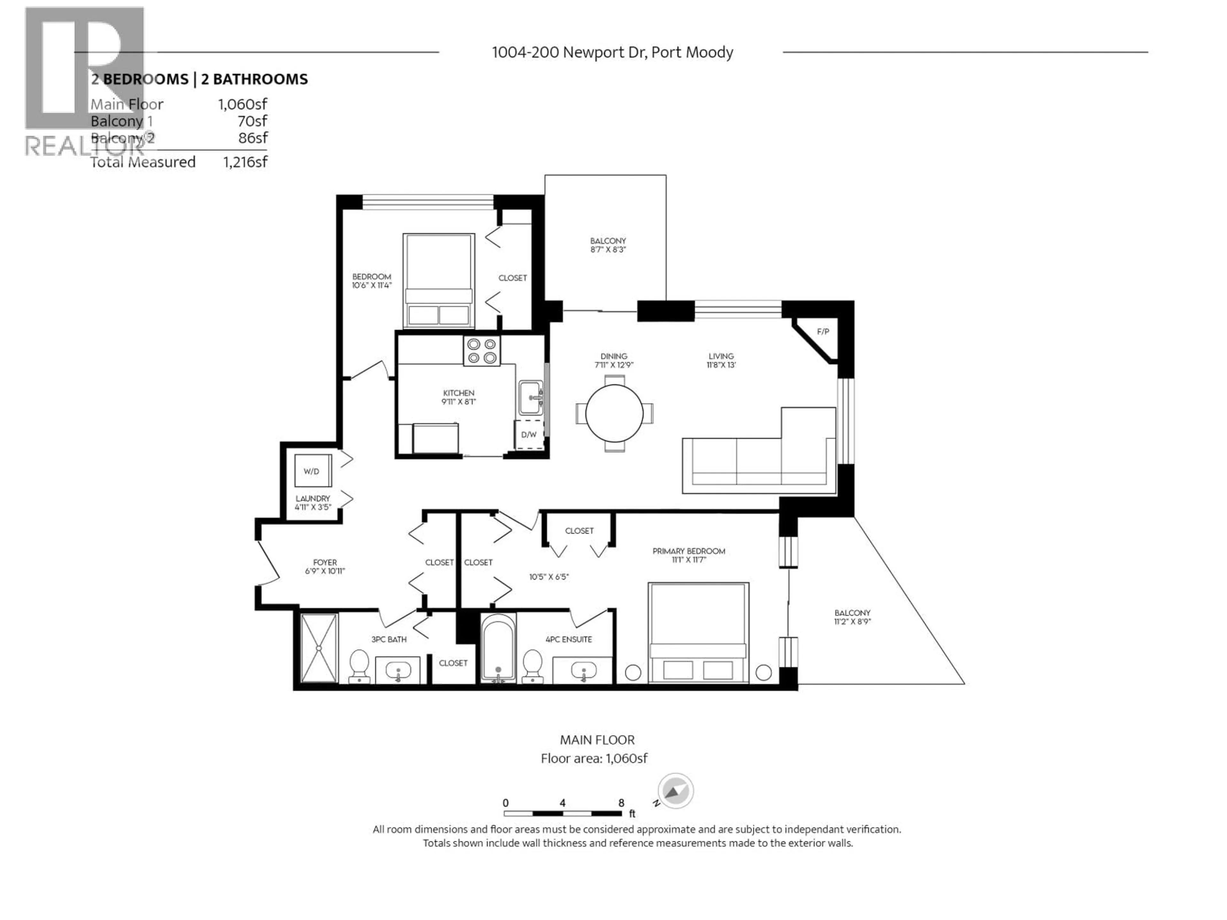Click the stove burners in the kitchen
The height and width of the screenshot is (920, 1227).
click(x=482, y=351)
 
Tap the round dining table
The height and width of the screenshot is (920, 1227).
click(x=614, y=413)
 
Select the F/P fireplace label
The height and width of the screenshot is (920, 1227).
click(x=822, y=332)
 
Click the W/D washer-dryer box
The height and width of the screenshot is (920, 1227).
click(x=312, y=471)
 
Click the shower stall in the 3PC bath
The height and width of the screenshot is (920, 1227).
click(x=319, y=648)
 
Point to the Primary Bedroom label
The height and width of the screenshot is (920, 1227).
click(x=688, y=551)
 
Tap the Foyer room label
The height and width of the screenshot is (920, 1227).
click(x=325, y=562)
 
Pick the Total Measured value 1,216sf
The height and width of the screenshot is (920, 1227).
click(x=245, y=162)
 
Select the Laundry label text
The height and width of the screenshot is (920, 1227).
click(x=312, y=499)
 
